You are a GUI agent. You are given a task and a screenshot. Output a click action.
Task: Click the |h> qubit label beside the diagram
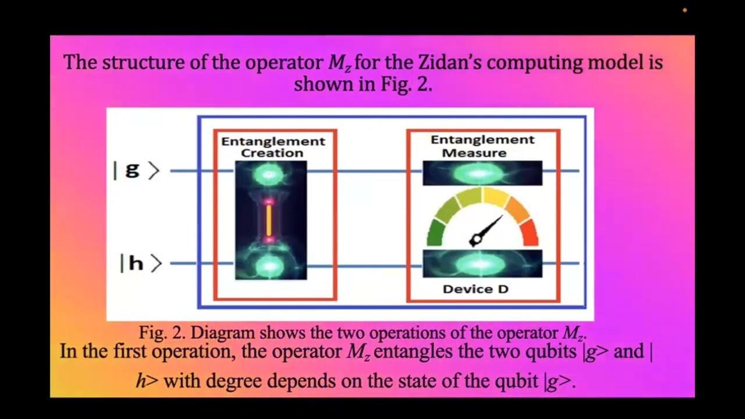[x=140, y=264]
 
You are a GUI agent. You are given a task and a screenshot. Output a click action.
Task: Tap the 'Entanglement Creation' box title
[x=273, y=147]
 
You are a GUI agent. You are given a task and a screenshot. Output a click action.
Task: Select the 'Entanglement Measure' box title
[x=483, y=146]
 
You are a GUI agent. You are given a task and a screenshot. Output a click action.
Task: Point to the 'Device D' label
[x=476, y=289]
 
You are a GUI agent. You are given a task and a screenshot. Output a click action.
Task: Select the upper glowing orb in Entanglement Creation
[x=269, y=173]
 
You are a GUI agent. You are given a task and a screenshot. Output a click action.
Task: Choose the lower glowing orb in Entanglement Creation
[x=269, y=265]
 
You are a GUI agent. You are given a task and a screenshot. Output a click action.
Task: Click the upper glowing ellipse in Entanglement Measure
[x=482, y=173]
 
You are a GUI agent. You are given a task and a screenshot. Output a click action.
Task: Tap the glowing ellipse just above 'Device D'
[x=482, y=264]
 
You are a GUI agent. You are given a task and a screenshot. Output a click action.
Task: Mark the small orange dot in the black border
[x=684, y=10]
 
